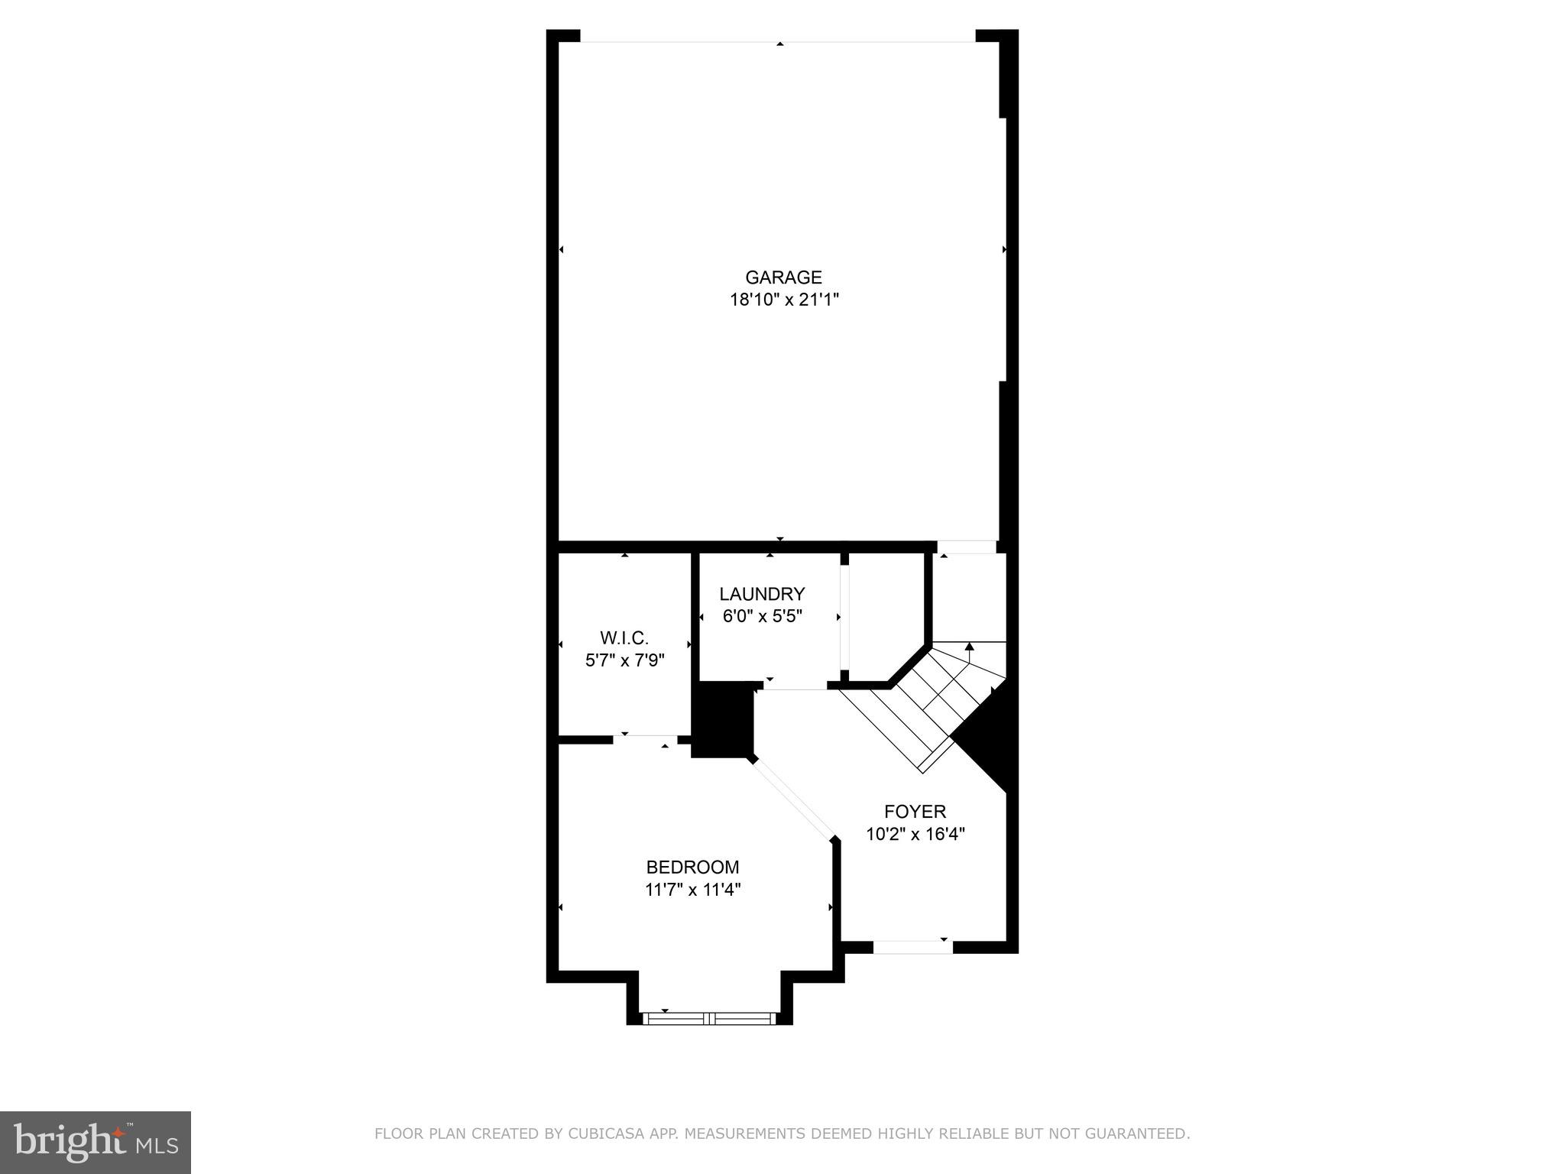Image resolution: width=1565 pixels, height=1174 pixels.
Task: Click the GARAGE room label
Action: pos(783,277)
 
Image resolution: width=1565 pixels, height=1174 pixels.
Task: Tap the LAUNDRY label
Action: pos(762,594)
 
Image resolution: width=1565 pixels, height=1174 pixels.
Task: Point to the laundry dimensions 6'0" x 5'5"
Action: pos(762,616)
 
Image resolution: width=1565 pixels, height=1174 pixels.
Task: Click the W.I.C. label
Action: pos(624,638)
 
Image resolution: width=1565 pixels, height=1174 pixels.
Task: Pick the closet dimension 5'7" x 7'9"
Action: pos(624,660)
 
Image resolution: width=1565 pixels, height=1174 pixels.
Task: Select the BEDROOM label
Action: pos(692,868)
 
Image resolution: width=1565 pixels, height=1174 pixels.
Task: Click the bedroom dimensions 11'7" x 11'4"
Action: pos(692,890)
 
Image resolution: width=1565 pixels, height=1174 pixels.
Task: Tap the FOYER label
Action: pos(915,812)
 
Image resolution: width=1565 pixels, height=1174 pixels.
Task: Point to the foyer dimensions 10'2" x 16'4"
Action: pos(915,834)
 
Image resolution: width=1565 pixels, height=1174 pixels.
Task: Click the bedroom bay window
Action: pos(710,1018)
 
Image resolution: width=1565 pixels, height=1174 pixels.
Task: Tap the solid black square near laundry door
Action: pos(722,719)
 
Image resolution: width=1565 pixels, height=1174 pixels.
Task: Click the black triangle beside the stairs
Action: pos(990,745)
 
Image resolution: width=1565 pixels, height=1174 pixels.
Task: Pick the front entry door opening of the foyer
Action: pos(912,947)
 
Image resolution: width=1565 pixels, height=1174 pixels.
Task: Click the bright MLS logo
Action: pos(96,1142)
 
